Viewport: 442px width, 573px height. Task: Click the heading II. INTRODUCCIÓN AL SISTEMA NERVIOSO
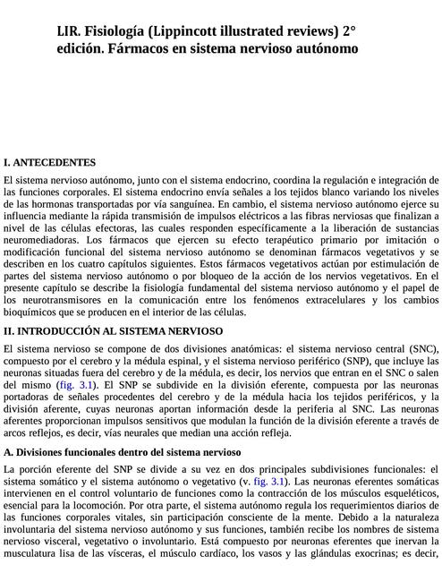pyautogui.click(x=114, y=330)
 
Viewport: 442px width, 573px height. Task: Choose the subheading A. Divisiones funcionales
pyautogui.click(x=122, y=452)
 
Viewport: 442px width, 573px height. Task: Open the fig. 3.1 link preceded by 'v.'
pyautogui.click(x=270, y=482)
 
